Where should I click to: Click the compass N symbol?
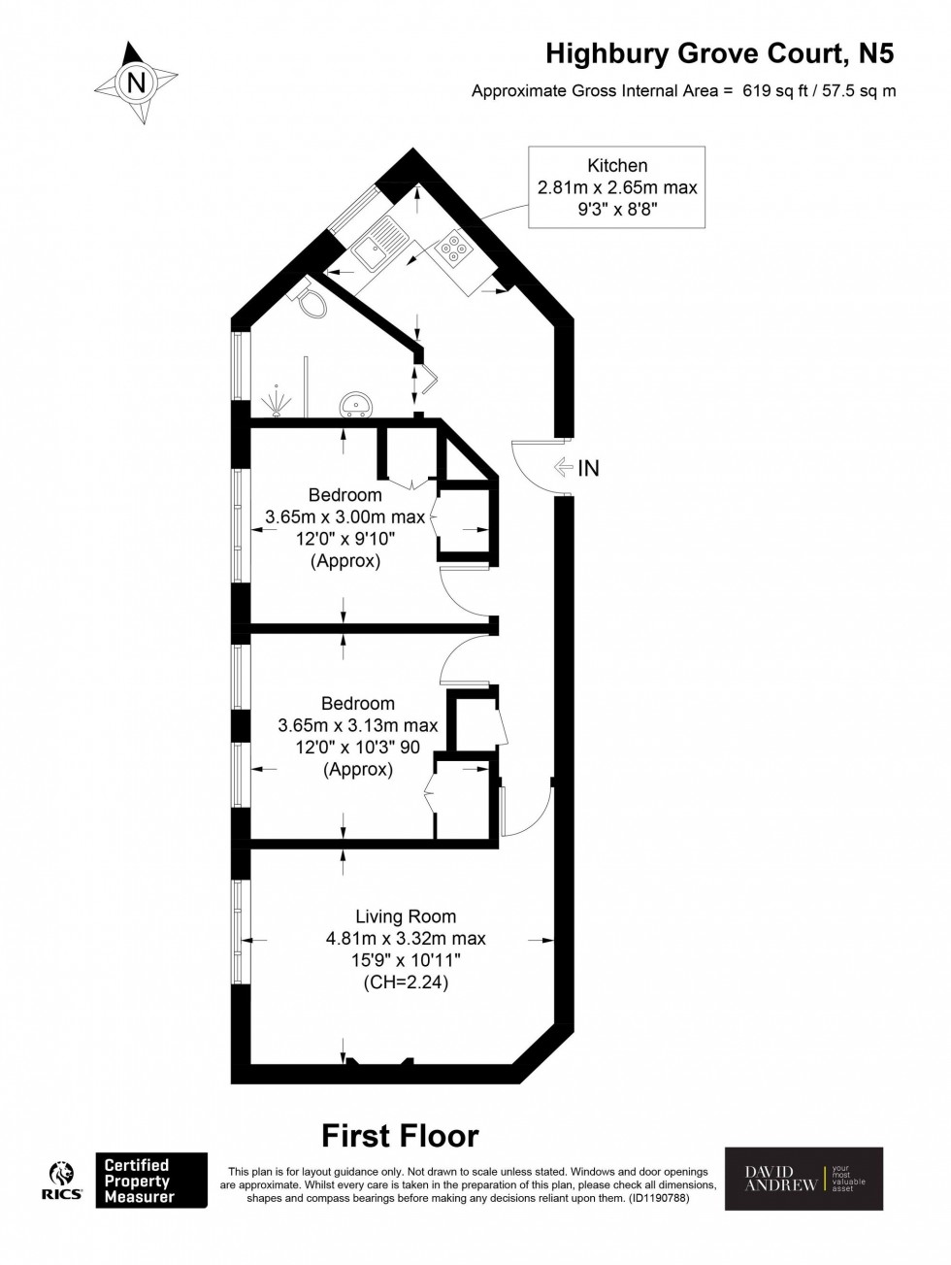click(x=136, y=83)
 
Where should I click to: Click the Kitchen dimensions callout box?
click(x=617, y=186)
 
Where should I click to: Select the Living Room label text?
click(x=406, y=916)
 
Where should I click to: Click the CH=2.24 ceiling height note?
click(x=406, y=982)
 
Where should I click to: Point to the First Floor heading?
click(x=400, y=1135)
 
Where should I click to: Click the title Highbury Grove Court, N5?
click(x=719, y=53)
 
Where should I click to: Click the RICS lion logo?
click(x=61, y=1180)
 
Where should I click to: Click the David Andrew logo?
click(x=803, y=1179)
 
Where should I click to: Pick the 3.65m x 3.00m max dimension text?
click(x=345, y=516)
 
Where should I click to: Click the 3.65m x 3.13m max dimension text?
click(x=358, y=725)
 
